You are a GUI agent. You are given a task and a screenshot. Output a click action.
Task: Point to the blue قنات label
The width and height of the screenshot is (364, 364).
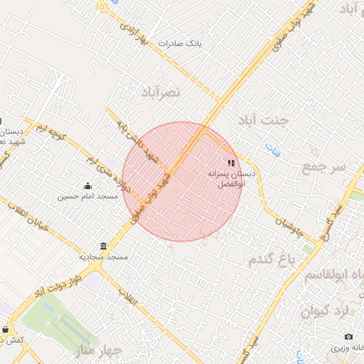272,150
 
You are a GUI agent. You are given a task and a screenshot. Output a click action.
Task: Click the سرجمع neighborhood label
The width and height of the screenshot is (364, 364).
323,168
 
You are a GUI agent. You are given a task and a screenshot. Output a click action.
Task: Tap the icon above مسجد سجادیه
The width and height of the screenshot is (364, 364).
103,247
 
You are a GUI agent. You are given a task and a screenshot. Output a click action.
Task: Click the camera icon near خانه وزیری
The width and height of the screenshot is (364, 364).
348,336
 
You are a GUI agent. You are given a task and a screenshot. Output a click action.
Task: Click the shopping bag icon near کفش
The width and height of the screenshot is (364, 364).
6,330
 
